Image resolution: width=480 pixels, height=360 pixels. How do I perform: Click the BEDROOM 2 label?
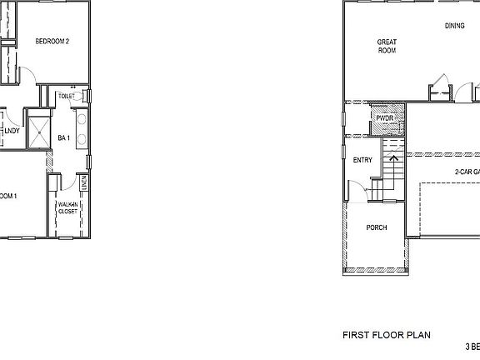[57, 41]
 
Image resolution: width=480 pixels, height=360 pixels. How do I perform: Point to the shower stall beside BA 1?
[37, 130]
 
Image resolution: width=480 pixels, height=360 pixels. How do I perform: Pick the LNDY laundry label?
[12, 131]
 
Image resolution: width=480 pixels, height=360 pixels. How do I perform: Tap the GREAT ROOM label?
[387, 45]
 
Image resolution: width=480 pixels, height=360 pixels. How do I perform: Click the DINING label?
[454, 26]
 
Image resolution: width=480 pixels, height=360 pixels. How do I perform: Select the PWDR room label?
[384, 119]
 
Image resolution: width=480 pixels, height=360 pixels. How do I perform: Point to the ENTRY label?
[362, 160]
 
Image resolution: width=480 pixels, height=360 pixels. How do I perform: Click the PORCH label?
[377, 227]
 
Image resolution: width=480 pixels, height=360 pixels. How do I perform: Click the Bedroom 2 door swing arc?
[27, 73]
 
